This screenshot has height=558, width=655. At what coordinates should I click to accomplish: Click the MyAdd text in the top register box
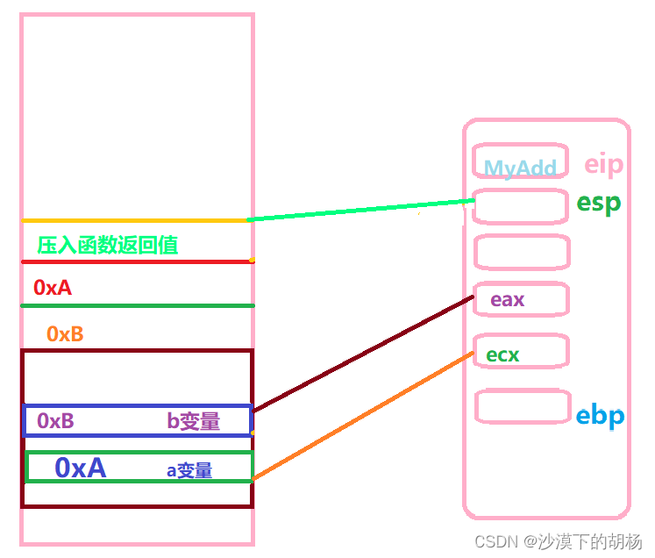[520, 168]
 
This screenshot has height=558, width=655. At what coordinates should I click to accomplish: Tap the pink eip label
[603, 164]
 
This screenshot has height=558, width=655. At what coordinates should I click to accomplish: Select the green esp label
[598, 203]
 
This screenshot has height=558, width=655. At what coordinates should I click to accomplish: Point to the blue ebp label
[600, 415]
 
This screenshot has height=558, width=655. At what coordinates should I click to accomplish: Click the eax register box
[520, 299]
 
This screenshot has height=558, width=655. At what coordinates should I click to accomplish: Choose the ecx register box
[520, 354]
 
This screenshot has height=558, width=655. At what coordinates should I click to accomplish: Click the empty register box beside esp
[520, 206]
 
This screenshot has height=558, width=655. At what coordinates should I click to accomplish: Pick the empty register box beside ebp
[522, 406]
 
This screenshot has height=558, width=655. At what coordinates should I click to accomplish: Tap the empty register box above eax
[521, 252]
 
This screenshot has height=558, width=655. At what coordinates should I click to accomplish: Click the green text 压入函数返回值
[108, 245]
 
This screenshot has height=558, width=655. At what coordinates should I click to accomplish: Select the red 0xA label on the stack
[53, 287]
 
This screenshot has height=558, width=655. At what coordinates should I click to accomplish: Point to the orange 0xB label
[65, 333]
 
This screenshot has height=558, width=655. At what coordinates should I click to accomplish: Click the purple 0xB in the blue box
[55, 421]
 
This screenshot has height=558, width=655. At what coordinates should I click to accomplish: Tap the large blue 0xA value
[80, 468]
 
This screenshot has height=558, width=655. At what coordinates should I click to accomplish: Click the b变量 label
[193, 421]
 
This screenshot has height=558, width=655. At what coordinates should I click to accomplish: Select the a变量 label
[189, 470]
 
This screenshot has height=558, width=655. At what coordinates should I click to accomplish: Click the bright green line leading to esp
[360, 211]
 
